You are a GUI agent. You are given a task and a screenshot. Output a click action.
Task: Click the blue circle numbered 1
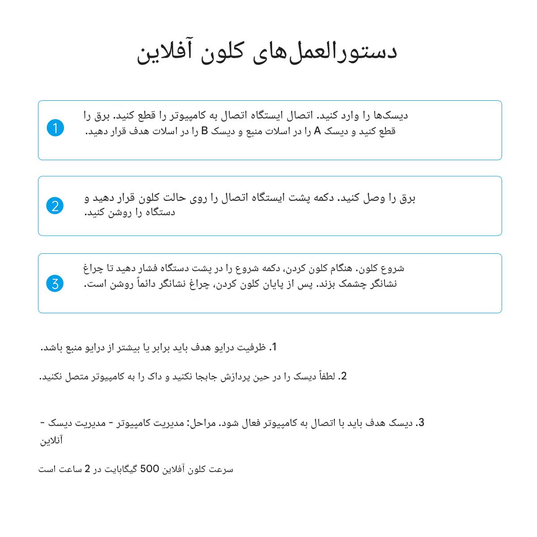[x=55, y=128]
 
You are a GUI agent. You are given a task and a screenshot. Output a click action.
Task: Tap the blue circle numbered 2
[x=55, y=206]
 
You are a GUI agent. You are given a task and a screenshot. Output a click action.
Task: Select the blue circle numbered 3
[x=55, y=283]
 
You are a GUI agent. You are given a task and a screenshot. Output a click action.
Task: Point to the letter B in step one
[x=205, y=131]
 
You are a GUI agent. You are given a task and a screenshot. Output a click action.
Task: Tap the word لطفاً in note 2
[x=325, y=376]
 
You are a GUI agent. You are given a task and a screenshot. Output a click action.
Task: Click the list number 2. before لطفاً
[x=343, y=376]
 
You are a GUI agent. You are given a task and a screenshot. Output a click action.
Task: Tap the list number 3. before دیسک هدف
[x=420, y=423]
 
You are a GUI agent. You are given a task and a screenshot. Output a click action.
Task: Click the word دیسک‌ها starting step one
[x=390, y=116]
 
